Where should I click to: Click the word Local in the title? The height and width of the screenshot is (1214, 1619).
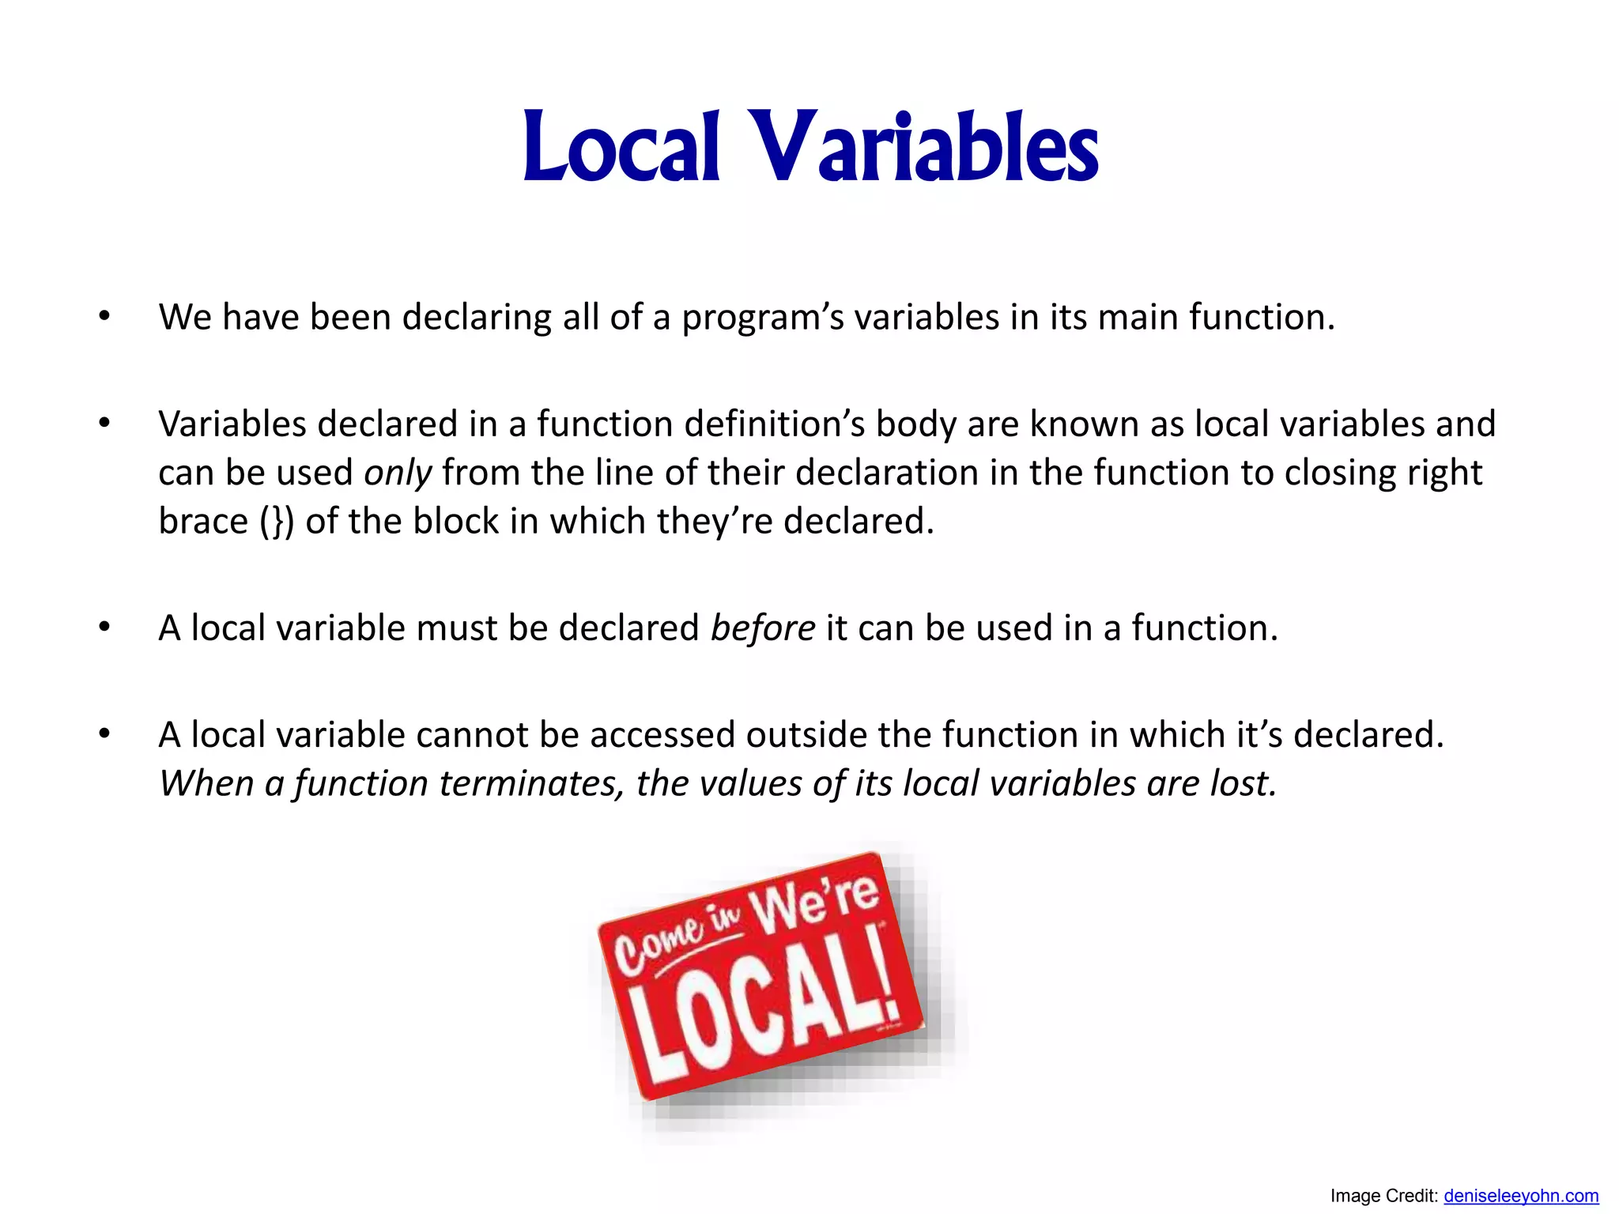tap(621, 148)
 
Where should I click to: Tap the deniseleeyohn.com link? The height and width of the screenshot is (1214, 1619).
tap(1520, 1197)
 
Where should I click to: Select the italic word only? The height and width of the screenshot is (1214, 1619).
tap(397, 473)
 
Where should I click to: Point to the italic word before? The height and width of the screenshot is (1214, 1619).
tap(762, 628)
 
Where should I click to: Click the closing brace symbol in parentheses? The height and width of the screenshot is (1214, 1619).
tap(277, 522)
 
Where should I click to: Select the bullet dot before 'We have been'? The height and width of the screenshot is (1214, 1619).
tap(104, 317)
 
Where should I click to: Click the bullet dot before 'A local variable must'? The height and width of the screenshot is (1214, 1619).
tap(104, 628)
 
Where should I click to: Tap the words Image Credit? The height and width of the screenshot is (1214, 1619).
tap(1383, 1197)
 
